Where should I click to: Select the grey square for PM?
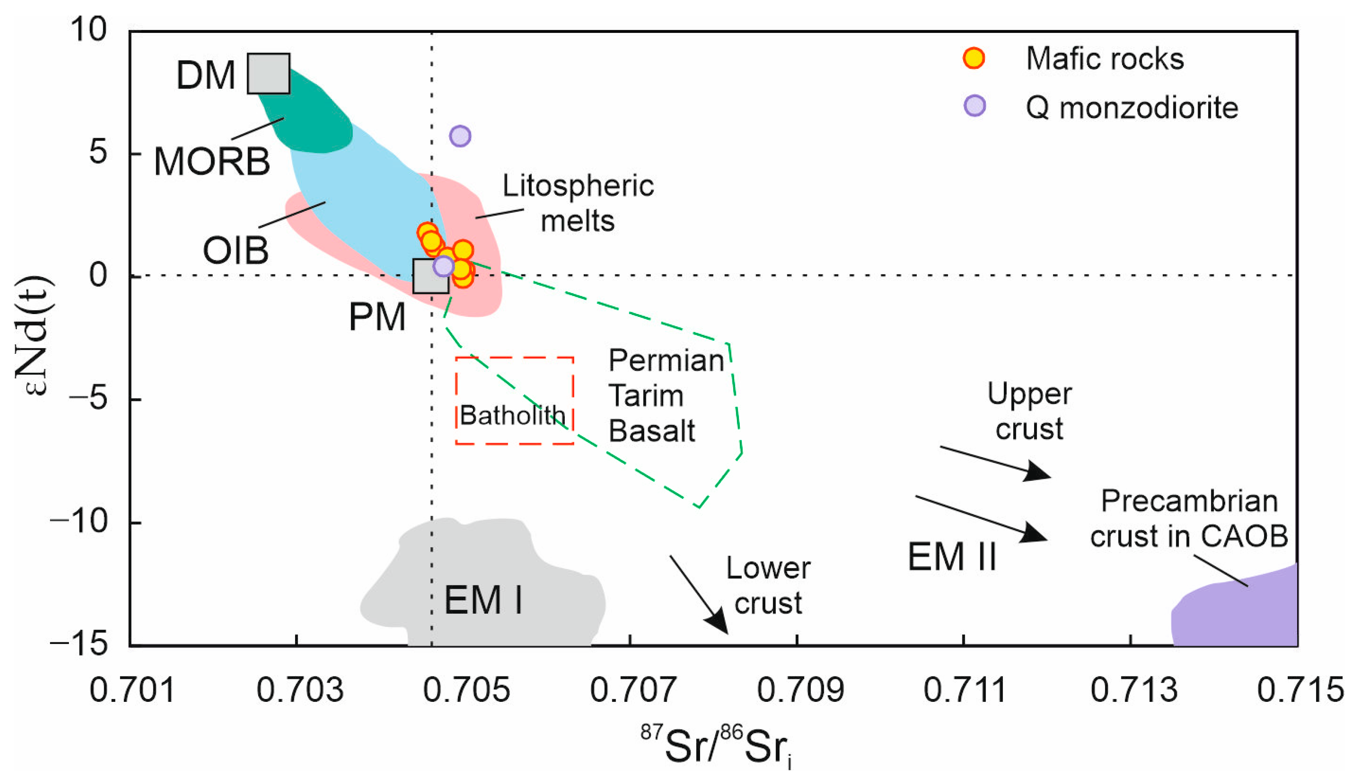430,276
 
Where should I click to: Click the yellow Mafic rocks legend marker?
973,58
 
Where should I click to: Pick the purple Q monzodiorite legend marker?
975,105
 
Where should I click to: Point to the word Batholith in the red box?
512,415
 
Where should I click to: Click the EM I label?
483,600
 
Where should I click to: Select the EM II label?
952,557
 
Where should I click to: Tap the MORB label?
212,162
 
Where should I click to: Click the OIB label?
235,250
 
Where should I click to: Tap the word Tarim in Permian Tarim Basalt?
646,396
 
